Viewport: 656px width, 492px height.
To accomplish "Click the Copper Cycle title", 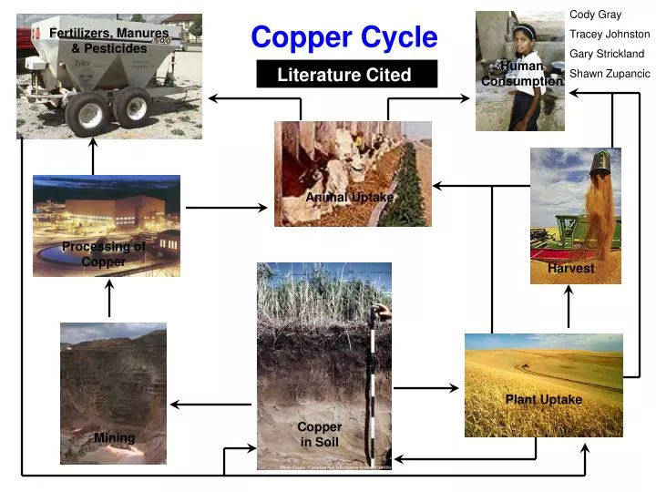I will pyautogui.click(x=343, y=37).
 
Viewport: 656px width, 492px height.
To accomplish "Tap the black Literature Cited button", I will pyautogui.click(x=346, y=75).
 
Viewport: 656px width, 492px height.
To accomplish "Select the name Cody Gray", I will pyautogui.click(x=595, y=15).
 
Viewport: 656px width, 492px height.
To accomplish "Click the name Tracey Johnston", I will pyautogui.click(x=610, y=35).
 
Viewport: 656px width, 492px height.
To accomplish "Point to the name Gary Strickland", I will pyautogui.click(x=607, y=54).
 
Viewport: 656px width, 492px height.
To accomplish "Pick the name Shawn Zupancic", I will pyautogui.click(x=610, y=74).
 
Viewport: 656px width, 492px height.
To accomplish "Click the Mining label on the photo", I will pyautogui.click(x=114, y=438).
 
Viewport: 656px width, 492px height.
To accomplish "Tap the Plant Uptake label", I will pyautogui.click(x=543, y=400).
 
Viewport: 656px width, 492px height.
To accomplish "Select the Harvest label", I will pyautogui.click(x=571, y=269).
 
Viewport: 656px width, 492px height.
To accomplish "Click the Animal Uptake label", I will pyautogui.click(x=350, y=198).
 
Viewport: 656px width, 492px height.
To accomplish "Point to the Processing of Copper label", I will pyautogui.click(x=103, y=254).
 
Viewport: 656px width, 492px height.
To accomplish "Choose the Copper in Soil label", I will pyautogui.click(x=320, y=435).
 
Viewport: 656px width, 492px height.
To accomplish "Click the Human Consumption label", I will pyautogui.click(x=521, y=74).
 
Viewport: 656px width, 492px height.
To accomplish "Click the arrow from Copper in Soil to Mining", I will pyautogui.click(x=211, y=405).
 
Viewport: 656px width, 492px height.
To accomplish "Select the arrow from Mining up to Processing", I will pyautogui.click(x=109, y=299).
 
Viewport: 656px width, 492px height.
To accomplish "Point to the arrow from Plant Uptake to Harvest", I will pyautogui.click(x=569, y=307).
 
